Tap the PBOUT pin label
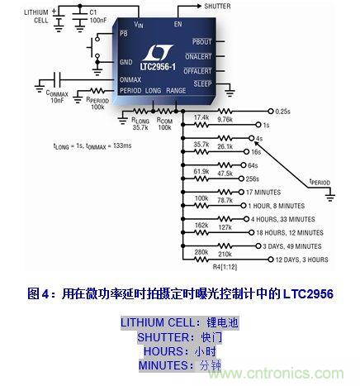click(x=201, y=41)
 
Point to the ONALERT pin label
click(x=198, y=55)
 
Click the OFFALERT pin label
click(x=197, y=69)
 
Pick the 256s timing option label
click(x=277, y=179)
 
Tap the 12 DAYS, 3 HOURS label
click(x=298, y=260)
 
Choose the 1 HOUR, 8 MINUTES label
click(x=301, y=206)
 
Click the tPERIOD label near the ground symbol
click(x=320, y=181)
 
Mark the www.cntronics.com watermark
click(x=303, y=373)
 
